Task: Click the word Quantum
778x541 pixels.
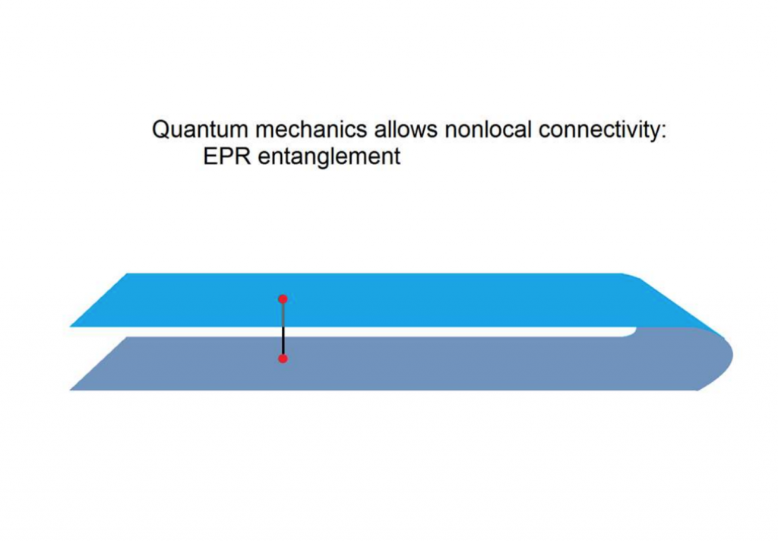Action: coord(200,129)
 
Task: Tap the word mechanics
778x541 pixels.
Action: coord(311,129)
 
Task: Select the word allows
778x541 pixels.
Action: coord(406,129)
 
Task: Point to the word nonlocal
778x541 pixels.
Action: coord(489,129)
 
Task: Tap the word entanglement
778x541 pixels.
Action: coord(329,157)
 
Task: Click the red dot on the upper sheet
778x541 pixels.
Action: coord(283,299)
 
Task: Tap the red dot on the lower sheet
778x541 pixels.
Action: coord(283,359)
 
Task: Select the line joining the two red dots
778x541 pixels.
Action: coord(283,328)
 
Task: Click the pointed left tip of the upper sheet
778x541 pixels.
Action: coord(71,326)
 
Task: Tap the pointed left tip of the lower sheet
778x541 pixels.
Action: coord(71,390)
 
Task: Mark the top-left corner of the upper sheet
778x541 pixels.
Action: coord(128,274)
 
